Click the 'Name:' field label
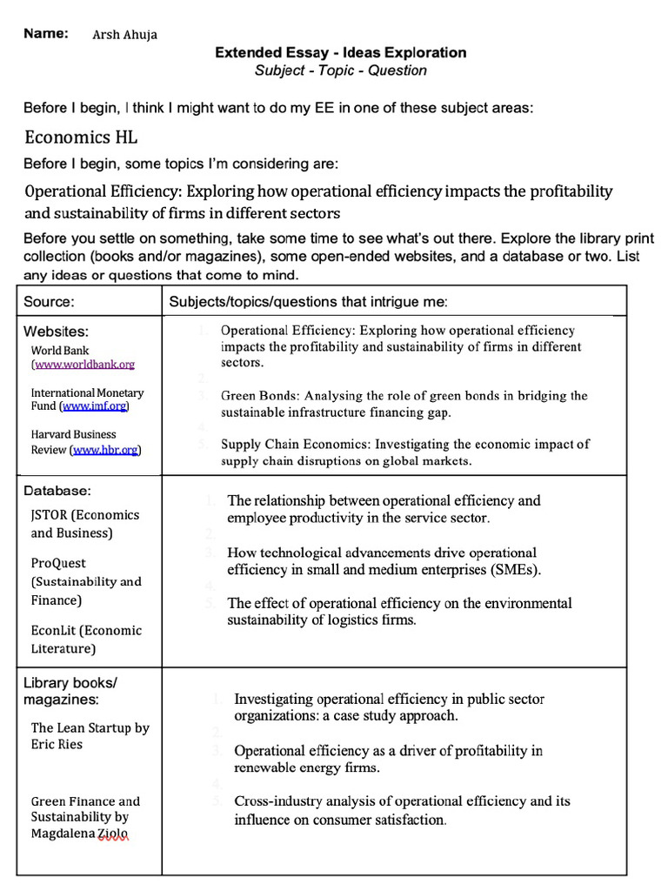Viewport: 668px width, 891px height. click(x=46, y=33)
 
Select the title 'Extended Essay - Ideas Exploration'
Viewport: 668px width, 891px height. click(x=341, y=52)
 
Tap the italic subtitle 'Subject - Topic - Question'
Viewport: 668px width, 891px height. click(x=341, y=70)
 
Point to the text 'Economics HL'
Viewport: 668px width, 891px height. click(x=81, y=137)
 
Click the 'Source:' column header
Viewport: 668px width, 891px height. click(x=49, y=302)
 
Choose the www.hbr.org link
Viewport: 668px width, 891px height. click(x=105, y=450)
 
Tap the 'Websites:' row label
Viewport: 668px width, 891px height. click(x=56, y=332)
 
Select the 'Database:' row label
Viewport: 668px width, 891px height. click(x=57, y=492)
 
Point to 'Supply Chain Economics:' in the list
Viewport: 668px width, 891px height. click(x=292, y=444)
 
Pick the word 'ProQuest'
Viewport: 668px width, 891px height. click(x=58, y=563)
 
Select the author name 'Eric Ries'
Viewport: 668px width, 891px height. click(x=57, y=744)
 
